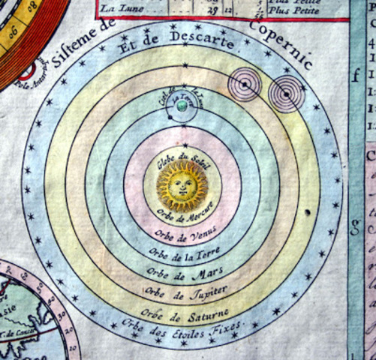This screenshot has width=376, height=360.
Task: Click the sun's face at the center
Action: [182, 184]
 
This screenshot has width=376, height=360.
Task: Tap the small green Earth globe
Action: [181, 106]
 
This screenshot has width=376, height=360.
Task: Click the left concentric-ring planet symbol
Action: [245, 85]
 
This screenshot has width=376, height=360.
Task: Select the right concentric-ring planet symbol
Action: [286, 94]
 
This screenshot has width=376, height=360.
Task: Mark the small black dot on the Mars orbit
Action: [308, 214]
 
